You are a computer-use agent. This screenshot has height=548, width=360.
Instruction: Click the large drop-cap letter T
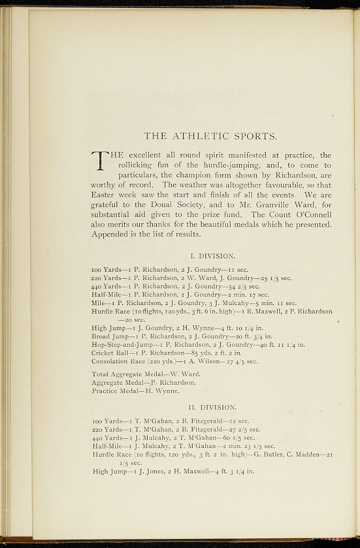tap(99, 160)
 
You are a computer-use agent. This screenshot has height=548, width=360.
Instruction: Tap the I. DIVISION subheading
tap(212, 256)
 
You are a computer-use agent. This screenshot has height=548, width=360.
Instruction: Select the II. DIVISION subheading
tap(212, 407)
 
